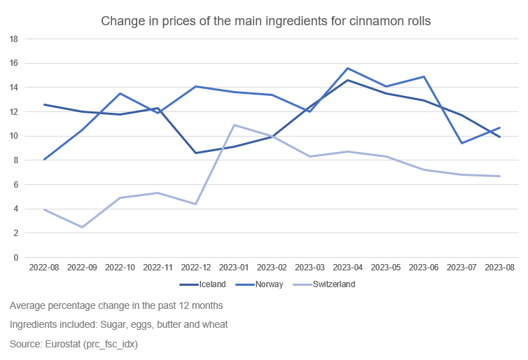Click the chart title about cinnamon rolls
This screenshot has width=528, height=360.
(x=265, y=21)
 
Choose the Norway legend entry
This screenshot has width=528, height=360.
(x=270, y=284)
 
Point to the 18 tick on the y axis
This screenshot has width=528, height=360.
(x=13, y=39)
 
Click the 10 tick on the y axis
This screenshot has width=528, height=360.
(x=13, y=136)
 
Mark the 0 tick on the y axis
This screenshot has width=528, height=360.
(x=15, y=257)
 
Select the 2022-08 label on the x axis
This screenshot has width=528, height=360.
(x=44, y=268)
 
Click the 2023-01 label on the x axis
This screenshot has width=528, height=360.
(x=234, y=268)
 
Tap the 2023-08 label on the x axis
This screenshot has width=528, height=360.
(x=499, y=268)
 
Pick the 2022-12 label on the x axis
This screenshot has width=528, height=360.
(x=196, y=268)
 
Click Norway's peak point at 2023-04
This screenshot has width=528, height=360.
(x=348, y=68)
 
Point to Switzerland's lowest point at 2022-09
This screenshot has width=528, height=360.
(x=83, y=227)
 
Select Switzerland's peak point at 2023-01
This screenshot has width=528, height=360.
(x=234, y=125)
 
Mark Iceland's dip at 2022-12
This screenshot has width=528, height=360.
(x=196, y=153)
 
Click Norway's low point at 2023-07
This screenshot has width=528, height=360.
(x=461, y=143)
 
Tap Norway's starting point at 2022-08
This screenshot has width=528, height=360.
(x=45, y=159)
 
